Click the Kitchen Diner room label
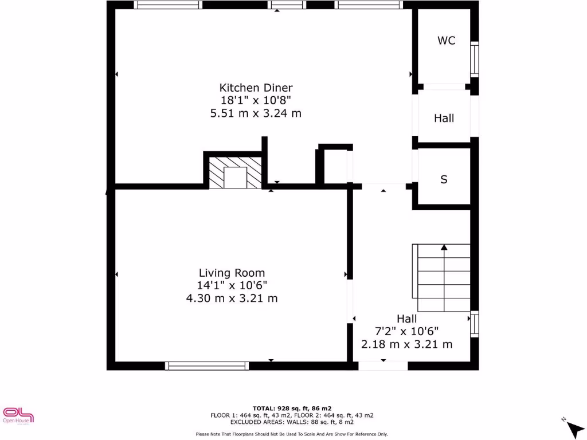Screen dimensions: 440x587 (x=256, y=88)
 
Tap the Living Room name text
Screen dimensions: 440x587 (x=232, y=273)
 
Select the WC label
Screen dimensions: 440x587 (x=447, y=41)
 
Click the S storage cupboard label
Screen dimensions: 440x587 (x=444, y=179)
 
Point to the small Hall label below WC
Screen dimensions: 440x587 (x=444, y=119)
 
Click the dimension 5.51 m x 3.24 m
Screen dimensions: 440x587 (x=256, y=113)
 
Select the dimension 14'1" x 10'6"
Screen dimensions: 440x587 (x=232, y=285)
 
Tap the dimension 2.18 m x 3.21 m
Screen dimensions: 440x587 (x=406, y=344)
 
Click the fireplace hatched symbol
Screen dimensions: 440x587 (x=234, y=172)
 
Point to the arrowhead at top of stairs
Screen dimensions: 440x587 (x=444, y=247)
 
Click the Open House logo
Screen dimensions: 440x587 (x=18, y=415)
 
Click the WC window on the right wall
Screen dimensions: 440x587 (x=474, y=59)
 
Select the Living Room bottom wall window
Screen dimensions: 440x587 (x=206, y=366)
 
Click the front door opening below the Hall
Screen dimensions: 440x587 (x=383, y=366)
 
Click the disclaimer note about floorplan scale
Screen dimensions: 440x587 (x=292, y=434)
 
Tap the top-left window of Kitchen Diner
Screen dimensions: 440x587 (x=168, y=5)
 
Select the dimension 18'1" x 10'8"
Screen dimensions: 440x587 (x=256, y=100)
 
